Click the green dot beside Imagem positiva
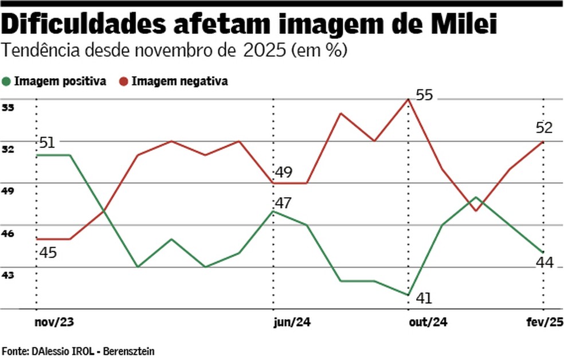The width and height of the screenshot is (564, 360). pyautogui.click(x=6, y=81)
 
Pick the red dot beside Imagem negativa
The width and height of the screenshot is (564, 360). pyautogui.click(x=123, y=81)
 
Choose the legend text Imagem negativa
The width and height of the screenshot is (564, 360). pyautogui.click(x=179, y=81)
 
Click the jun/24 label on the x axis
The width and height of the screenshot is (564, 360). pyautogui.click(x=292, y=323)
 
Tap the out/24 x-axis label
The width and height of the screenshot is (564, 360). pyautogui.click(x=427, y=323)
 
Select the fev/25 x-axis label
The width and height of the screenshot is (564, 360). pyautogui.click(x=545, y=323)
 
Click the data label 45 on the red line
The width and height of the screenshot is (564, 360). pyautogui.click(x=48, y=252)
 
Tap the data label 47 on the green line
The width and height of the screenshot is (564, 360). pyautogui.click(x=283, y=202)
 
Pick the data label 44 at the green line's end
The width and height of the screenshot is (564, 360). pyautogui.click(x=544, y=263)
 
